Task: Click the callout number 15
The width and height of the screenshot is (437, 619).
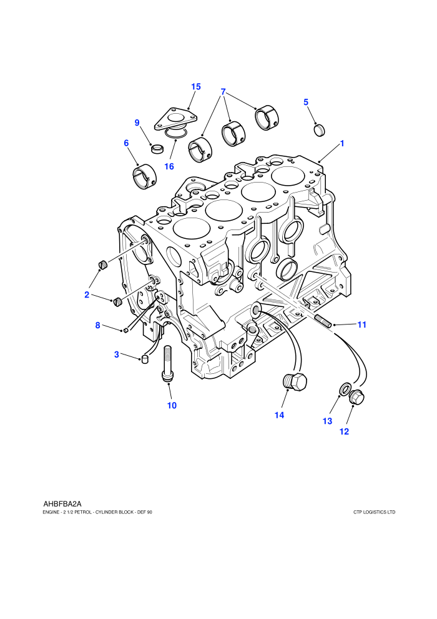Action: [x=196, y=86]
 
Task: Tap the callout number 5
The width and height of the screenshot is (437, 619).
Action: [x=306, y=102]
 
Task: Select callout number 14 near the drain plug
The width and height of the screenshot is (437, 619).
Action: [x=280, y=415]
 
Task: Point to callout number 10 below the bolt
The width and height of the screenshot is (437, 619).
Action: [x=172, y=405]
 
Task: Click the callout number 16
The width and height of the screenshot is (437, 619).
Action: [x=169, y=166]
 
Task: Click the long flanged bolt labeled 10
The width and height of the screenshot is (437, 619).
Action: [x=167, y=363]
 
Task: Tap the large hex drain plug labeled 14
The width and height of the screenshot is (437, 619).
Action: [x=295, y=382]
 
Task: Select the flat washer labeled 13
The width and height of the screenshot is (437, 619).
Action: [x=344, y=389]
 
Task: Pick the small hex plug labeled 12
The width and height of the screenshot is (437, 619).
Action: [x=356, y=396]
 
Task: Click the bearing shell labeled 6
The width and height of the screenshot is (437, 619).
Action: [x=144, y=176]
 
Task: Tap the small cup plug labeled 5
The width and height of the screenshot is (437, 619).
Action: [x=320, y=130]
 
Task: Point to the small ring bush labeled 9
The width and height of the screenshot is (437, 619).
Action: [x=157, y=149]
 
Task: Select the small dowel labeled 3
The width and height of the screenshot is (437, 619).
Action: [x=145, y=360]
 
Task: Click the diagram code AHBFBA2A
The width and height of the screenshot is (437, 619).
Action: [x=62, y=504]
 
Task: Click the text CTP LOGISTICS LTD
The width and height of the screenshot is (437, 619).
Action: [x=375, y=513]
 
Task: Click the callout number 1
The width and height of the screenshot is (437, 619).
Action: [x=342, y=143]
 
